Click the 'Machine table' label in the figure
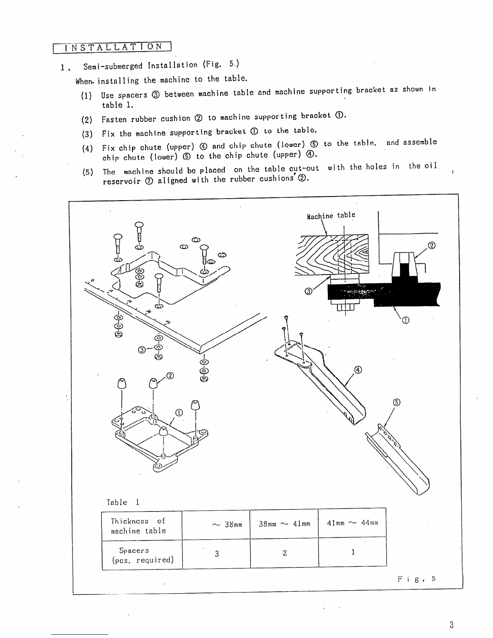click(x=331, y=215)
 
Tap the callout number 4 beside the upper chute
click(x=358, y=370)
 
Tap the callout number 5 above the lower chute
click(x=396, y=402)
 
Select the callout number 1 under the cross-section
click(x=406, y=320)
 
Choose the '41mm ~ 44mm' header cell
click(x=352, y=523)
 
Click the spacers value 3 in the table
click(x=217, y=553)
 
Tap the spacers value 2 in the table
click(x=285, y=553)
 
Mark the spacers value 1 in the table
click(x=353, y=552)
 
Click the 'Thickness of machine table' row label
click(x=138, y=526)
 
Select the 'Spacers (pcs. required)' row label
click(x=142, y=555)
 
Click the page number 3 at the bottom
click(x=452, y=625)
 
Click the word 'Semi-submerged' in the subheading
click(x=113, y=66)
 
